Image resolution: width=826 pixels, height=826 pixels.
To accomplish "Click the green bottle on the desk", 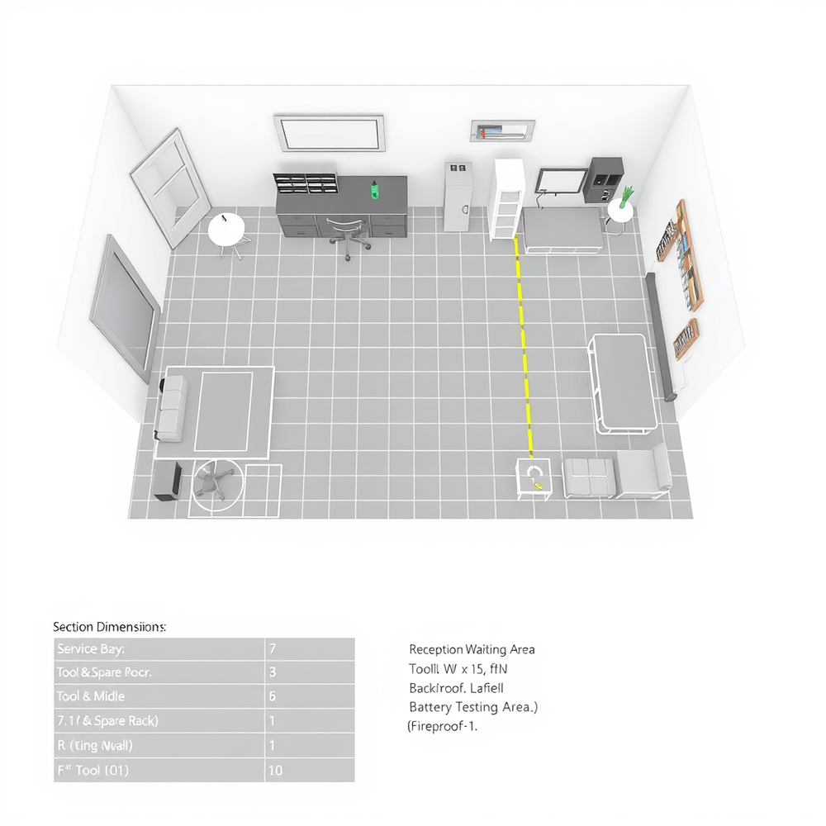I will [374, 190].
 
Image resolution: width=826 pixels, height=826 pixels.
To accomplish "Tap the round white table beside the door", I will [226, 230].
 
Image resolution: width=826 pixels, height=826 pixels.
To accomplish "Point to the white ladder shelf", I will [506, 199].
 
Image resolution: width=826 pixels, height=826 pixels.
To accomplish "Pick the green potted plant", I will [625, 197].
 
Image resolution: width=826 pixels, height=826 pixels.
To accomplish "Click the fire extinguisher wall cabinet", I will [502, 130].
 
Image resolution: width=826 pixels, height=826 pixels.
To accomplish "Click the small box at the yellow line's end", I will [533, 480].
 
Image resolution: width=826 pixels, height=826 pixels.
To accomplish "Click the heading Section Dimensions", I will [109, 627].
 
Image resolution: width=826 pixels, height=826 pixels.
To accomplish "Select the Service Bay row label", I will [92, 649].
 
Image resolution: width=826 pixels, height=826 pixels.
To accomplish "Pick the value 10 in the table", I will [276, 770].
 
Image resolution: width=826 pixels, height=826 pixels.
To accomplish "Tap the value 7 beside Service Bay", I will [273, 649].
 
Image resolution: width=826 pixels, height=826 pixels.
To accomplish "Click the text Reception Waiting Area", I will [472, 649].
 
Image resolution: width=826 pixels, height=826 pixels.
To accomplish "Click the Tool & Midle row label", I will [91, 696].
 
